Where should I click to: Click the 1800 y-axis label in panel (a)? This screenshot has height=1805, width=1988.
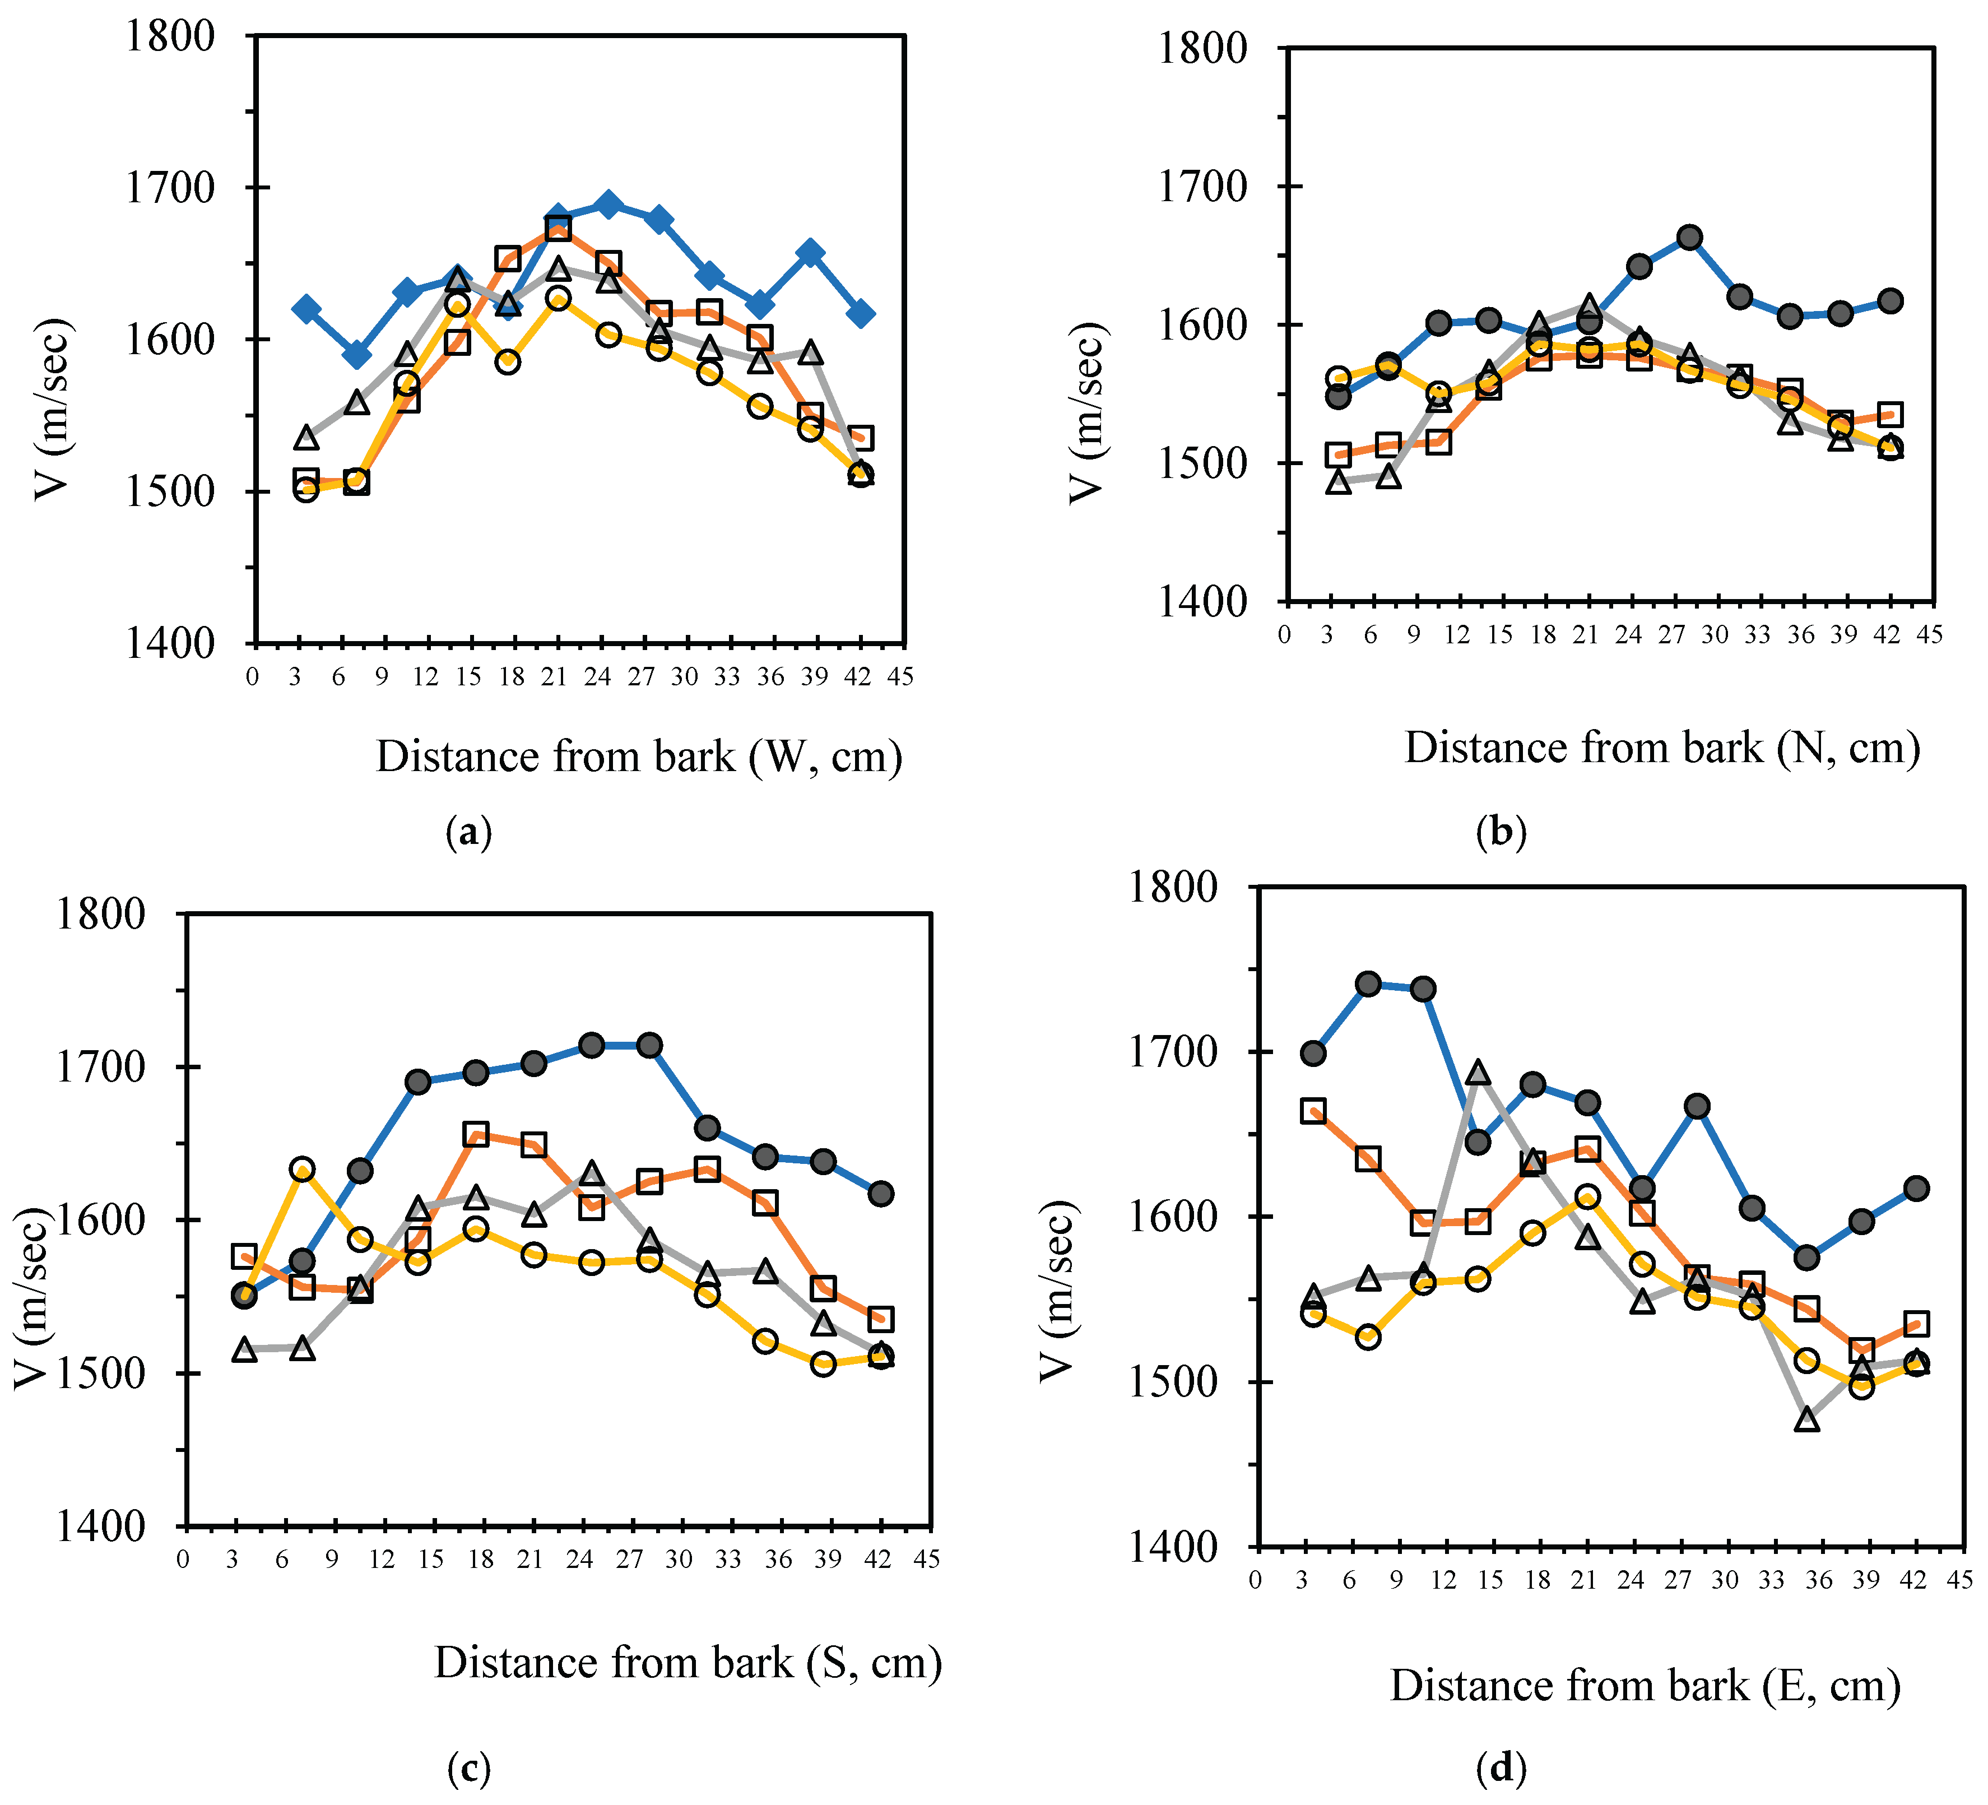pyautogui.click(x=170, y=36)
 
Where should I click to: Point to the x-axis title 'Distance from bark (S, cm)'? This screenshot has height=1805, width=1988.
pyautogui.click(x=688, y=1663)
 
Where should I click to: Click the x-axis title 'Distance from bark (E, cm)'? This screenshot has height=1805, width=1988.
pyautogui.click(x=1645, y=1686)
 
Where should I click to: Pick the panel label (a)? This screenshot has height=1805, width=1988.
pyautogui.click(x=468, y=833)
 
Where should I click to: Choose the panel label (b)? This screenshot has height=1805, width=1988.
pyautogui.click(x=1501, y=833)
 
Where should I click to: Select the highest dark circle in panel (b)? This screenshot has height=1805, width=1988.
pyautogui.click(x=1689, y=236)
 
